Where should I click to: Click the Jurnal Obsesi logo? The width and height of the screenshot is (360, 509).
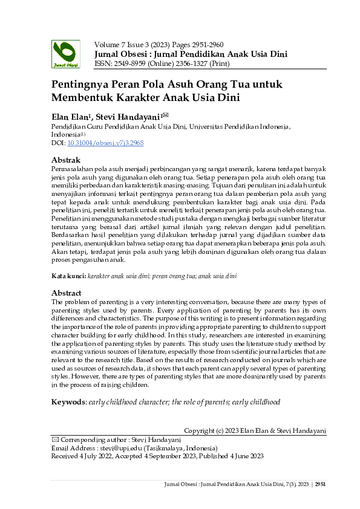pyautogui.click(x=65, y=53)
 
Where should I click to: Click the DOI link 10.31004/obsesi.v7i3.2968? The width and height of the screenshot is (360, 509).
pyautogui.click(x=105, y=143)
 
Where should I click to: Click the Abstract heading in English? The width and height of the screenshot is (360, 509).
pyautogui.click(x=68, y=293)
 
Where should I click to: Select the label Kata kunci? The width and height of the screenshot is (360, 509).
pyautogui.click(x=68, y=276)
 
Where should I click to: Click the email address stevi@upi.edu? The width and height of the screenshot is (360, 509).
pyautogui.click(x=112, y=448)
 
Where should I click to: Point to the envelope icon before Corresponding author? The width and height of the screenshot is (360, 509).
pyautogui.click(x=55, y=439)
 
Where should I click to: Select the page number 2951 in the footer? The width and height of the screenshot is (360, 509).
pyautogui.click(x=321, y=484)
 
